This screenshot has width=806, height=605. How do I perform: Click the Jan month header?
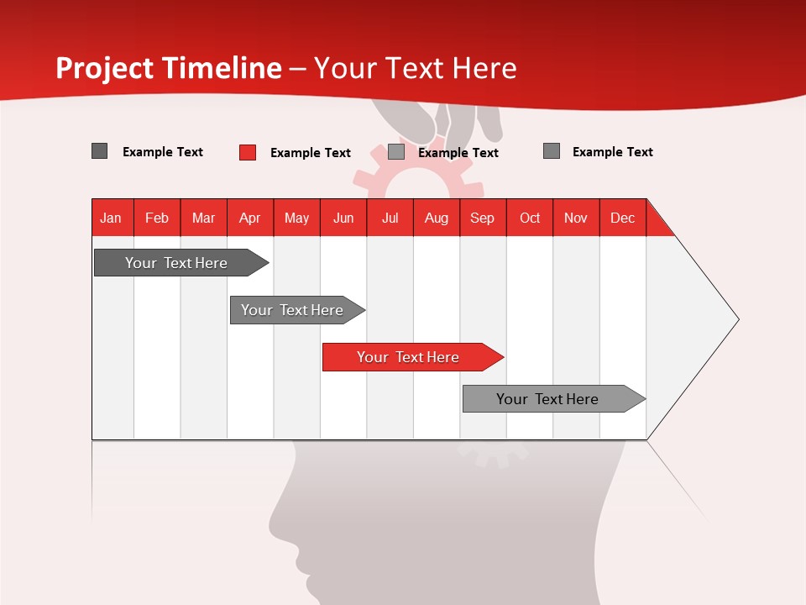click(x=111, y=218)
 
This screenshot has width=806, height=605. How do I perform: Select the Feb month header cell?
click(x=157, y=218)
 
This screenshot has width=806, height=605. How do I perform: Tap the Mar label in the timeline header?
click(x=203, y=218)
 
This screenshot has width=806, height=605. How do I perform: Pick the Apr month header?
click(x=250, y=218)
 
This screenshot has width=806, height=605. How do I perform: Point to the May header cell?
click(x=296, y=218)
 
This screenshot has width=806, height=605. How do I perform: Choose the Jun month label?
click(x=343, y=218)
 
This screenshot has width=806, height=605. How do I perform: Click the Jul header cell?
click(x=390, y=218)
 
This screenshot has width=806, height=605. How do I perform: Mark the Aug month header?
click(x=437, y=218)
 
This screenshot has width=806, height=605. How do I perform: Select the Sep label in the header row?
click(x=483, y=218)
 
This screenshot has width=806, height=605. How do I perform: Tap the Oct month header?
click(x=530, y=218)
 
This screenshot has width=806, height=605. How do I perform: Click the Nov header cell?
click(x=576, y=218)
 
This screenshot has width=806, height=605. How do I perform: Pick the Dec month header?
click(x=623, y=218)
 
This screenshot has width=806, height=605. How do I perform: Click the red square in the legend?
click(x=248, y=152)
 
